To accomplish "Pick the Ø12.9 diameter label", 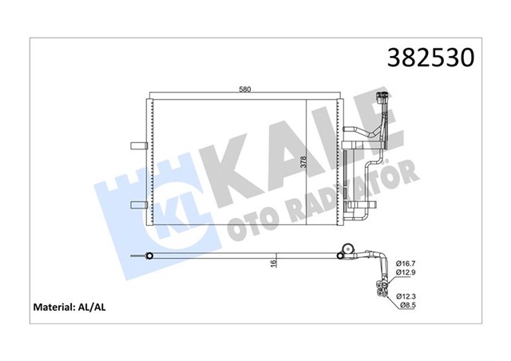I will coord(407,273).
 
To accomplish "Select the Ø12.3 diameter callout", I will coord(407,295).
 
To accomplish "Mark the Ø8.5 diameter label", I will coord(409,305).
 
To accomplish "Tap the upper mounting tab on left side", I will coord(136,145).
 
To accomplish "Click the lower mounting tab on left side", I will coord(136,205).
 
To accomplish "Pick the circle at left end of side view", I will coord(148,256).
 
